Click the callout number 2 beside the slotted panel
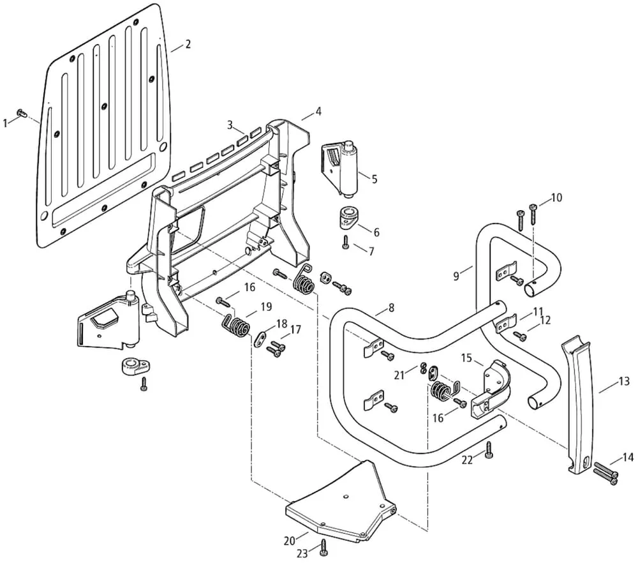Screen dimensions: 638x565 188,44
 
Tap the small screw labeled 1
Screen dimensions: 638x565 21,112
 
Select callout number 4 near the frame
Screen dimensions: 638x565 318,111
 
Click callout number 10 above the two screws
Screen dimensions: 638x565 556,197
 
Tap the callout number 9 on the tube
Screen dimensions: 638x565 456,276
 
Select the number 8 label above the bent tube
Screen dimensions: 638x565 391,308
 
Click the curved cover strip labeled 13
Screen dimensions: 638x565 579,405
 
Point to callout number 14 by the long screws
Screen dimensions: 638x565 628,458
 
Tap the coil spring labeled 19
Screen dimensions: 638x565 237,324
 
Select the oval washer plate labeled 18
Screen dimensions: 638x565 260,338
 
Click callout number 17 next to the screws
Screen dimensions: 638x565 295,329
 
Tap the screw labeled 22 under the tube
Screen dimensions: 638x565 489,449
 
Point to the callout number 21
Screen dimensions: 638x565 399,375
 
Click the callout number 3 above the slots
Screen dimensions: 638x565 230,124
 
